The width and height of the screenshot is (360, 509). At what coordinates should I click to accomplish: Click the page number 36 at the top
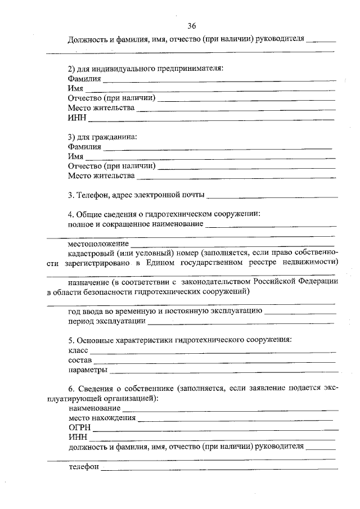(x=193, y=26)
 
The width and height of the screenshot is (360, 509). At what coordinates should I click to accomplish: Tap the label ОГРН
(x=79, y=427)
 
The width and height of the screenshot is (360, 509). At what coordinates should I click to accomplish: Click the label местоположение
(x=98, y=244)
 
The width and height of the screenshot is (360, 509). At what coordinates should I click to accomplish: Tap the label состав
(x=80, y=361)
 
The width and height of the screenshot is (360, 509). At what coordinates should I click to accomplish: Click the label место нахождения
(x=102, y=418)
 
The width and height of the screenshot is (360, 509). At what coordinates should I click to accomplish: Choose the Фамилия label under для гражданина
(x=84, y=147)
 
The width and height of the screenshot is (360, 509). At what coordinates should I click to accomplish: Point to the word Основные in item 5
(x=96, y=340)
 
